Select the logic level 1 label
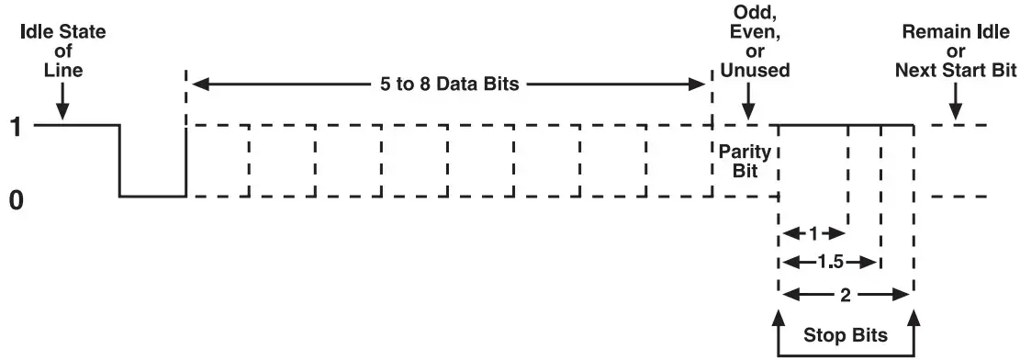(16, 125)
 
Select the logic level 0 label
(16, 198)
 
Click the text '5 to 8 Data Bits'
(450, 84)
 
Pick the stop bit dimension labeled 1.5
(829, 262)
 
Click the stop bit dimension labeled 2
(845, 295)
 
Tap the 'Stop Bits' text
(846, 335)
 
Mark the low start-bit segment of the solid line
(152, 196)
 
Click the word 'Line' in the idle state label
(62, 69)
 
